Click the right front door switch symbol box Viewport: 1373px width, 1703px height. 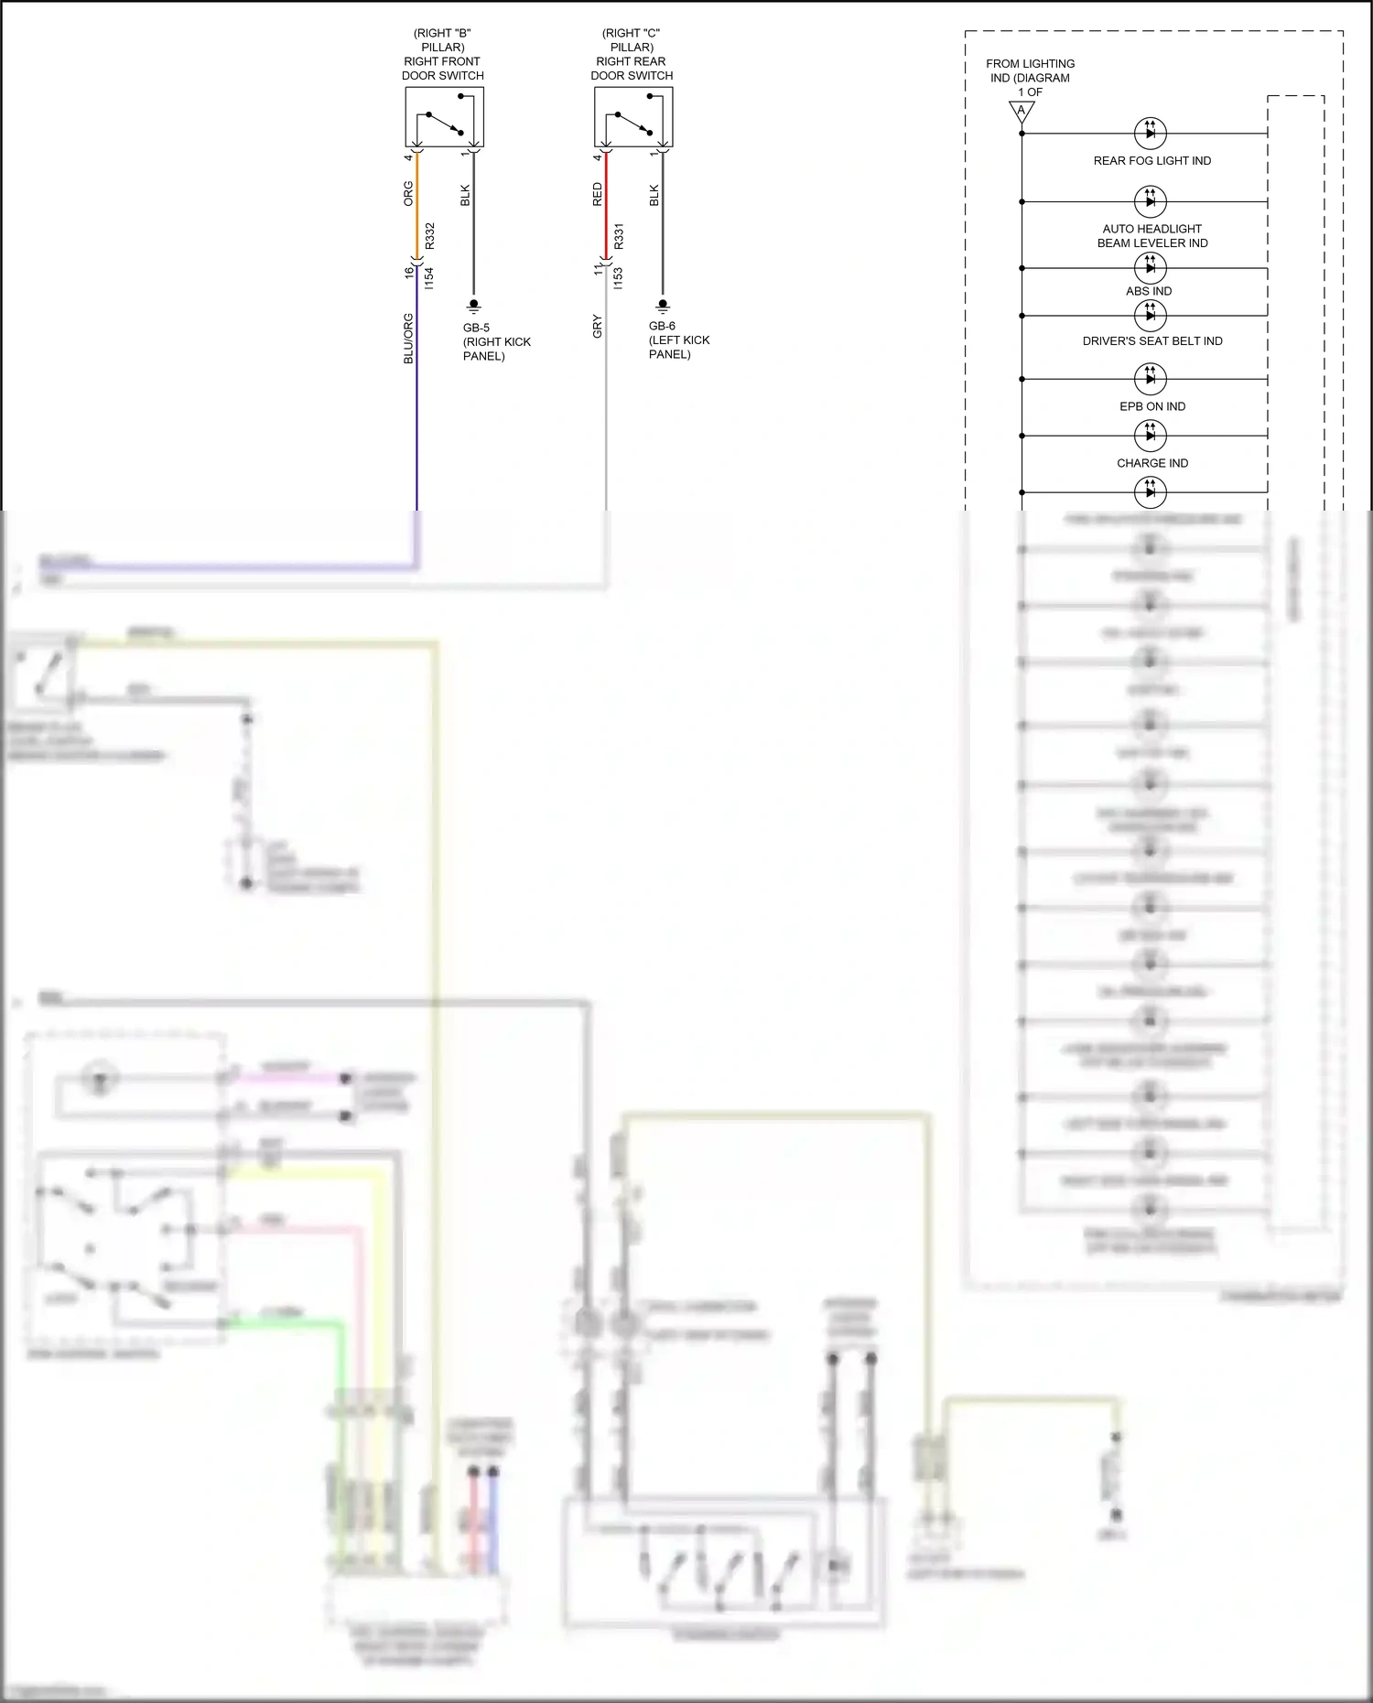click(x=444, y=117)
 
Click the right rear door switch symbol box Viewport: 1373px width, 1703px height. click(x=633, y=117)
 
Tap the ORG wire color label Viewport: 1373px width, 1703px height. click(x=408, y=193)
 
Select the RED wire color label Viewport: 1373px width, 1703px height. click(x=598, y=194)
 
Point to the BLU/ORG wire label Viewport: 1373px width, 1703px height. click(x=408, y=339)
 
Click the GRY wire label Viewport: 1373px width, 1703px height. click(x=598, y=326)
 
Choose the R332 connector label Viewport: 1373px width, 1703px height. click(x=430, y=235)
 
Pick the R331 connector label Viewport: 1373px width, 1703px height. click(x=619, y=236)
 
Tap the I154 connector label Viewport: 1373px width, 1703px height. click(x=430, y=278)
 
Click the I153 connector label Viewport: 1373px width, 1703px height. click(x=619, y=278)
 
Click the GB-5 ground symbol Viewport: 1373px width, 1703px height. click(x=474, y=306)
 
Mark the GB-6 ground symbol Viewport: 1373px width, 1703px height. click(x=663, y=306)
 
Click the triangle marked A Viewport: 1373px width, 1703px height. click(x=1022, y=111)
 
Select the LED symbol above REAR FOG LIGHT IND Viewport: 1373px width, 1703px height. click(x=1151, y=133)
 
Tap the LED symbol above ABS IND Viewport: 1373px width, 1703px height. click(x=1151, y=267)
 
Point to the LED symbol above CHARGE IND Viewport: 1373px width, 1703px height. click(x=1151, y=436)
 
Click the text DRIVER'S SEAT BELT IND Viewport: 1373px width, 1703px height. click(x=1152, y=340)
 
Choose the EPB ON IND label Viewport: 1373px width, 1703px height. click(x=1152, y=406)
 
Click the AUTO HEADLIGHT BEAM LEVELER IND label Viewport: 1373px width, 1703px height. click(x=1152, y=236)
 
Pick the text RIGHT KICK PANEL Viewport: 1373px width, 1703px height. click(x=496, y=349)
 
